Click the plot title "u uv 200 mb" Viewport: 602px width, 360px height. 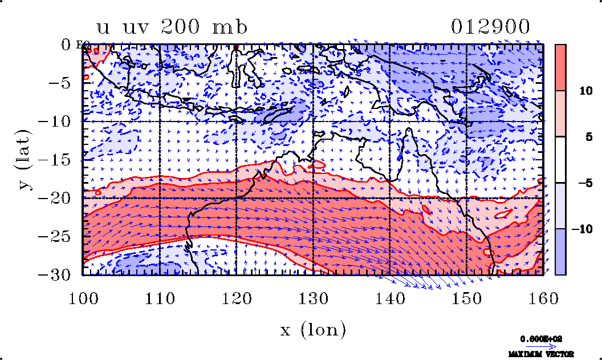(172, 27)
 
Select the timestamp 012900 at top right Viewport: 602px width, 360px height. (491, 27)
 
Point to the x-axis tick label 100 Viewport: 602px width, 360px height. (83, 297)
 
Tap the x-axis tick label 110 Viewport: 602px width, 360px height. (160, 297)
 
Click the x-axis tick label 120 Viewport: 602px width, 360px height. (237, 297)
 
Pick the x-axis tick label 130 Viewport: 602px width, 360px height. (314, 297)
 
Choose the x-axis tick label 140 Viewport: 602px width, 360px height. (390, 297)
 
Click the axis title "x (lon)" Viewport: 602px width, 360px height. (313, 329)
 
